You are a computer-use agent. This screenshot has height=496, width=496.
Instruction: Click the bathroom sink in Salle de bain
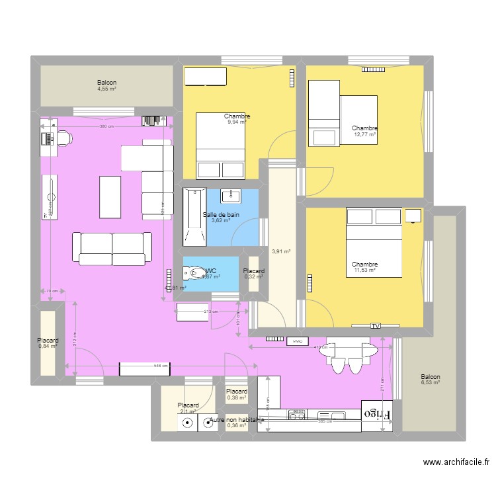pos(234,195)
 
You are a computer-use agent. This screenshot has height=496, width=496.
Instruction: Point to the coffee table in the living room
pos(110,196)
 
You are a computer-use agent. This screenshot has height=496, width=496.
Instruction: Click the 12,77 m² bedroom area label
pos(364,134)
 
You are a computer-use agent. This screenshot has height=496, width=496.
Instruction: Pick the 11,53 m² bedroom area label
pos(364,270)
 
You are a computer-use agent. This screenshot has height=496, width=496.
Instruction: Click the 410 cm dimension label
pos(320,347)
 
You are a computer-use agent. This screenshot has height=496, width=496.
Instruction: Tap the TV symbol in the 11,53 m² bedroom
pos(376,325)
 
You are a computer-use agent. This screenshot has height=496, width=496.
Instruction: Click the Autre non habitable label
pos(237,419)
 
